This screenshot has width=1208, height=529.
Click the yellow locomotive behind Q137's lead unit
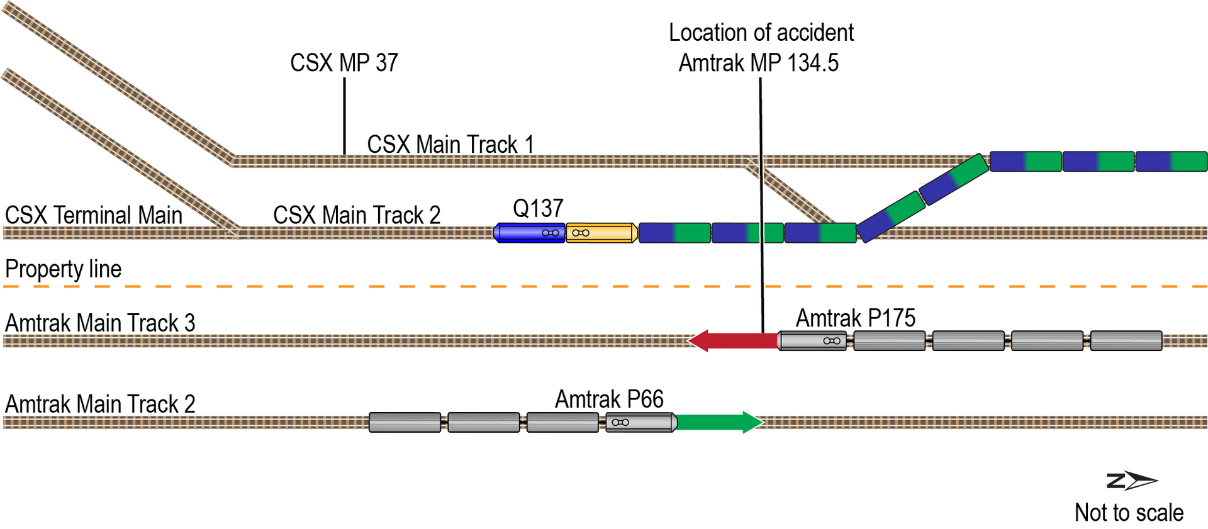[x=601, y=233]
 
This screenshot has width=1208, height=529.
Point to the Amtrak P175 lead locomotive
[x=813, y=340]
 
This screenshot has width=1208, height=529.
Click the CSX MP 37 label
[x=344, y=63]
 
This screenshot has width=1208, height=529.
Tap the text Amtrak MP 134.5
[x=758, y=63]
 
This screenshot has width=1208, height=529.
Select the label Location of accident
[x=761, y=33]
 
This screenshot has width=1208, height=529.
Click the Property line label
[x=63, y=269]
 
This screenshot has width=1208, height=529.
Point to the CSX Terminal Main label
[x=93, y=215]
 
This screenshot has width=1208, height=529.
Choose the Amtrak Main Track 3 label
[x=100, y=323]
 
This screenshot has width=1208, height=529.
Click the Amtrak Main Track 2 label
[x=100, y=404]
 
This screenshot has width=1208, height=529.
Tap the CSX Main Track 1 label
[x=450, y=144]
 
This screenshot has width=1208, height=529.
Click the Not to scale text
[x=1129, y=513]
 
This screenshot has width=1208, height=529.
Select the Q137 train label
[x=538, y=208]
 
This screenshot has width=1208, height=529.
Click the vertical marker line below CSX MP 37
[x=344, y=116]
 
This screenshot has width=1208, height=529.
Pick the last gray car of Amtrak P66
[x=405, y=422]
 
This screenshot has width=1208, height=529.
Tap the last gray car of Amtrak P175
[x=1126, y=340]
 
